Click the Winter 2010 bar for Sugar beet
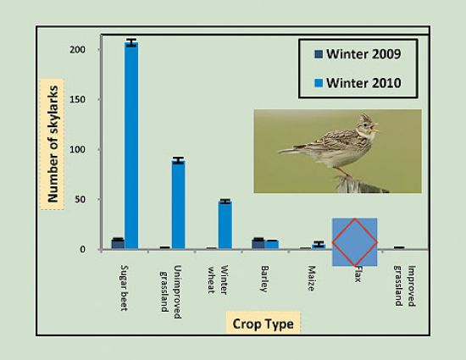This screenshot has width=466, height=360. (131, 146)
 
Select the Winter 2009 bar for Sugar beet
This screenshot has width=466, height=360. (118, 244)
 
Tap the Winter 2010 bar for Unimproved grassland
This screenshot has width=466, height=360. (178, 205)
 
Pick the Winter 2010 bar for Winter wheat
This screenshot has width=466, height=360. (225, 225)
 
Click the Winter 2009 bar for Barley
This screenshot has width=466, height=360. (258, 244)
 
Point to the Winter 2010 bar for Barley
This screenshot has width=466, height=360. (271, 245)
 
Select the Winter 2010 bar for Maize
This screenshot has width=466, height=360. (319, 246)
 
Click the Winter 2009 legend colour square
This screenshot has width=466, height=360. (319, 54)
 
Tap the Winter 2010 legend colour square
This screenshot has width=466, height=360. (319, 83)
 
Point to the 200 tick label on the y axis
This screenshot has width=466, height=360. (77, 50)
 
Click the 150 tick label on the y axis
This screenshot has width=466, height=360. (77, 99)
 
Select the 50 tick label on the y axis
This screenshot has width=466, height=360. (80, 199)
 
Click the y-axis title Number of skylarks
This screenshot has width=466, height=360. (53, 144)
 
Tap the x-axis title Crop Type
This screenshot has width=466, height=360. (263, 324)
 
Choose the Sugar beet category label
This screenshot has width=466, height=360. (124, 288)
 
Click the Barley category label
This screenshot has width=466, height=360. (264, 279)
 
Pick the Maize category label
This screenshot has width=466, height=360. (311, 279)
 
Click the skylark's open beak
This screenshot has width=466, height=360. (375, 127)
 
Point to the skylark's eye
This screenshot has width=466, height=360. (365, 125)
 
